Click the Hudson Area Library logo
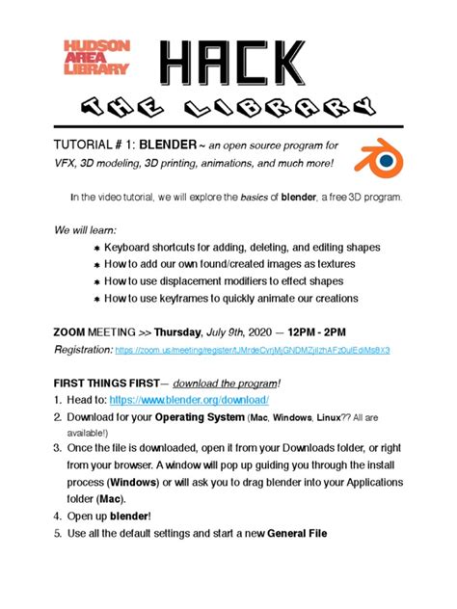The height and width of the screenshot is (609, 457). point(95,57)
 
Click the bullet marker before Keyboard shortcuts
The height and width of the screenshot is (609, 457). point(95,248)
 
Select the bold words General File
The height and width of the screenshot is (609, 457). point(302,533)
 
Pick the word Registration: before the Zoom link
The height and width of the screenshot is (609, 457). point(82,351)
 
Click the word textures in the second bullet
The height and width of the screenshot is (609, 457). point(330,264)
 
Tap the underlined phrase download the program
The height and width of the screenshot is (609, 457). point(226,381)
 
